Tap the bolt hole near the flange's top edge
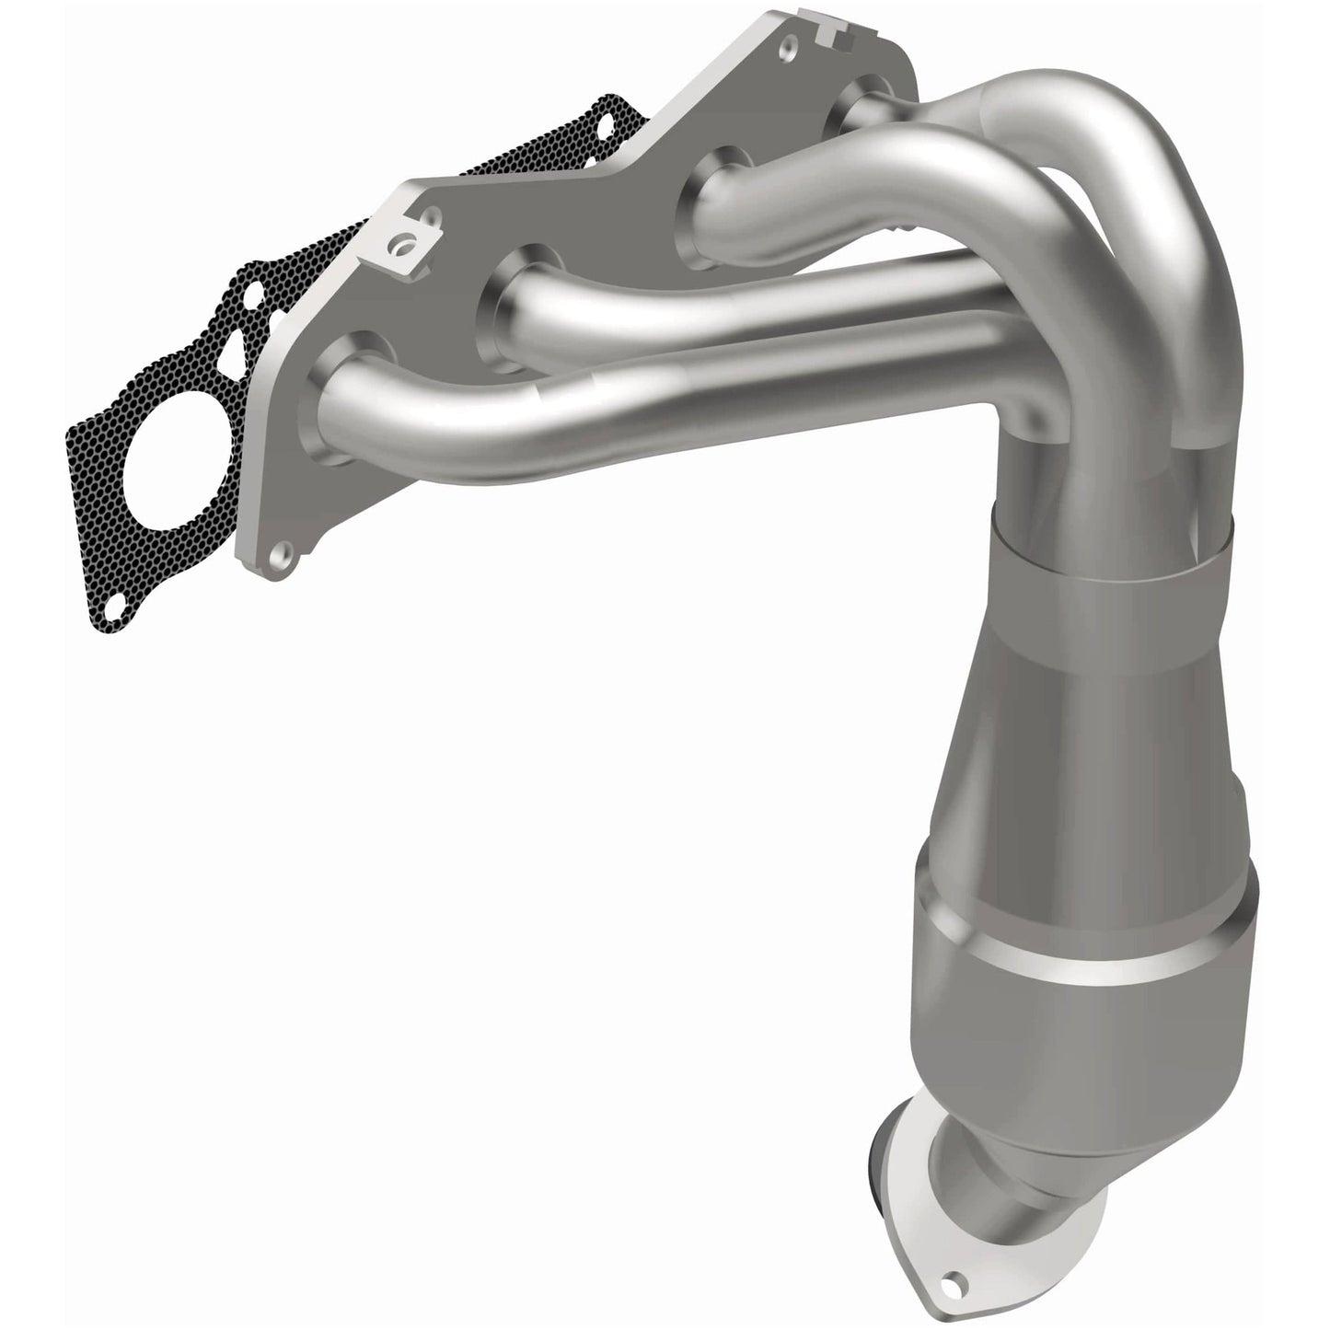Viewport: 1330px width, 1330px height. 789,47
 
